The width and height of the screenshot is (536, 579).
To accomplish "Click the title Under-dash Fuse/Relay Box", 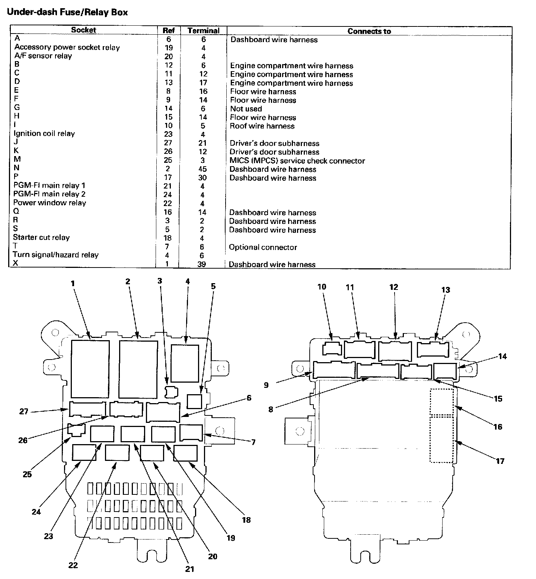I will [x=67, y=12].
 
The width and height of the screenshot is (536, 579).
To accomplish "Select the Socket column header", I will [x=83, y=30].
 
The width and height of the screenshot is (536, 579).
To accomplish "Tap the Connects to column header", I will [x=369, y=31].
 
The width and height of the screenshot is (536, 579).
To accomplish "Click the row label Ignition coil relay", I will [x=44, y=133].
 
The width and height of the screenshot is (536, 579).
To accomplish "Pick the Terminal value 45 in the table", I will [x=202, y=169].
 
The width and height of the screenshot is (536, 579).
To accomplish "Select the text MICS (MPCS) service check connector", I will [x=297, y=161].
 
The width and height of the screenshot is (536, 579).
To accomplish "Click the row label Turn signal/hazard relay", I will [x=55, y=255].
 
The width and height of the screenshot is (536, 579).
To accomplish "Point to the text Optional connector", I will [x=263, y=247].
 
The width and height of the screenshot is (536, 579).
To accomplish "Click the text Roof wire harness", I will [x=262, y=126].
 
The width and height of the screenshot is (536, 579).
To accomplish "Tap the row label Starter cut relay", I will [x=41, y=237].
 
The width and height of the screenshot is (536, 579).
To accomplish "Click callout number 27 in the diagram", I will [x=24, y=412].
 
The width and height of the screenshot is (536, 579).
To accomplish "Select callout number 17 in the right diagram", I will [x=500, y=461].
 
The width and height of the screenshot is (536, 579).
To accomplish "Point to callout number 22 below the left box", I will [x=73, y=565].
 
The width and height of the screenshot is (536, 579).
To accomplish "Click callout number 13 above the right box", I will [x=446, y=290].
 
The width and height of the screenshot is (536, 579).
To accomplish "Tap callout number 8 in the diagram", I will [x=271, y=409].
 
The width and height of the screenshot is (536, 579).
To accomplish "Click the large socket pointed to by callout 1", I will [x=90, y=368].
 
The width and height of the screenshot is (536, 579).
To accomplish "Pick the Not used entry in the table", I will [x=246, y=109].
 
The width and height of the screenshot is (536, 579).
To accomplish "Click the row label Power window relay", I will [x=50, y=203].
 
